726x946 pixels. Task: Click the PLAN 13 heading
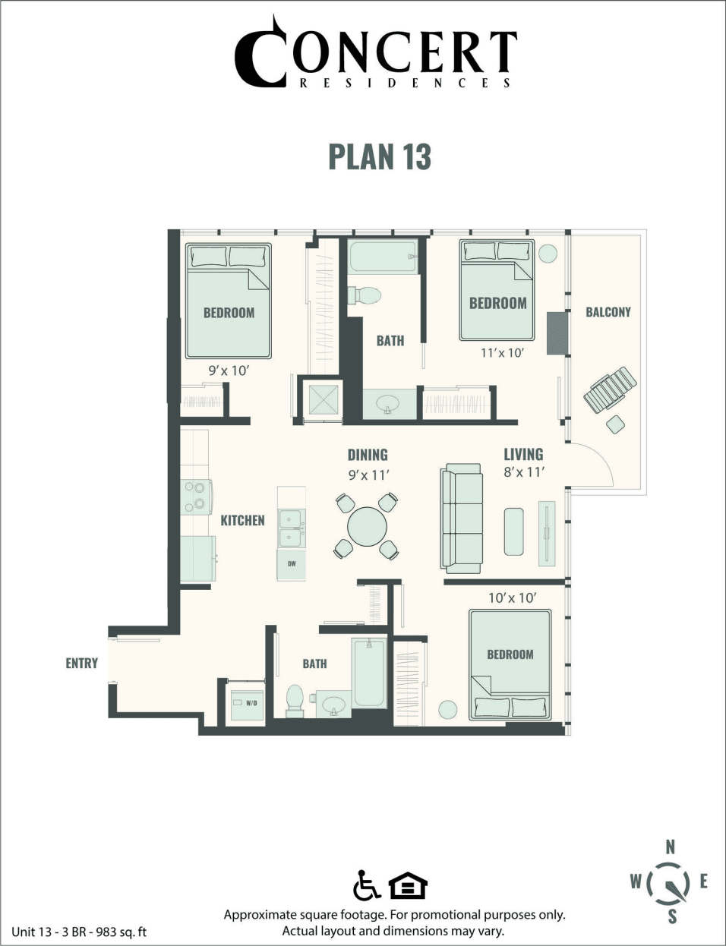379,156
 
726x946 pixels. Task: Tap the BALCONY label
608,312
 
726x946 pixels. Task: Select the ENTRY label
81,663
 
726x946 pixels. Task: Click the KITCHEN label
242,520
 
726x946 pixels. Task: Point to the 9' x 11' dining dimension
368,475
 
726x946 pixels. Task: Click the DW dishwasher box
291,564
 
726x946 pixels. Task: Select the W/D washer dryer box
247,704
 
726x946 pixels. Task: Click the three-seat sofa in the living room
462,519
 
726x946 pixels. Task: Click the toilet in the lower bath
294,701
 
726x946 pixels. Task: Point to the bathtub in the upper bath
383,257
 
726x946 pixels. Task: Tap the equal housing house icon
408,886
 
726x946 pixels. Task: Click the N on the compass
670,847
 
